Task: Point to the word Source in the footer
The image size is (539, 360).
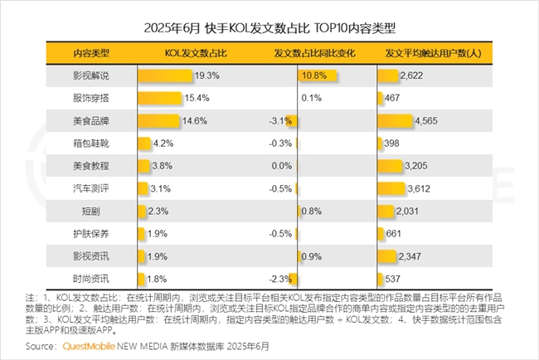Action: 41,345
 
